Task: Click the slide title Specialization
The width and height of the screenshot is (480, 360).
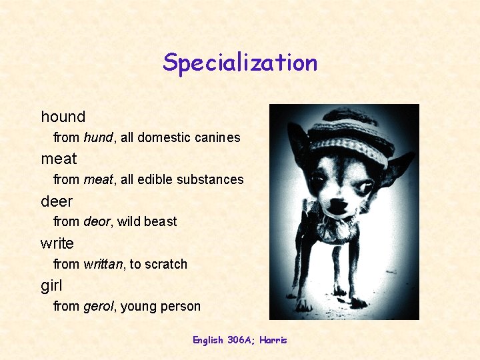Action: point(240,63)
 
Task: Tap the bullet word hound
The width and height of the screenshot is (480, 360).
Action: point(63,117)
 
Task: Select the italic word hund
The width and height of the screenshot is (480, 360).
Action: point(99,138)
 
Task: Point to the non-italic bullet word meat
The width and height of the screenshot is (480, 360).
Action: point(59,159)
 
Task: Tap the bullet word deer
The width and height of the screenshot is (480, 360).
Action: point(57,201)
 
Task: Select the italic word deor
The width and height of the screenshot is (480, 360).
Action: point(97,221)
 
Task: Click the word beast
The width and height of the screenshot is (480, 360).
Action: point(161,221)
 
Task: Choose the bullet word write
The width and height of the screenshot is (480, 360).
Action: point(57,243)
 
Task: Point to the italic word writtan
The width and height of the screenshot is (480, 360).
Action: point(103,264)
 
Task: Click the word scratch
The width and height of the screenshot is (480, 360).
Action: point(166,264)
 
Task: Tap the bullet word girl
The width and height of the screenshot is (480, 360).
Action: point(51,285)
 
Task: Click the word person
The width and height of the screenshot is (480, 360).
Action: point(181,307)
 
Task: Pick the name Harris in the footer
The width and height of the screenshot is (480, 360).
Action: point(273,340)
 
